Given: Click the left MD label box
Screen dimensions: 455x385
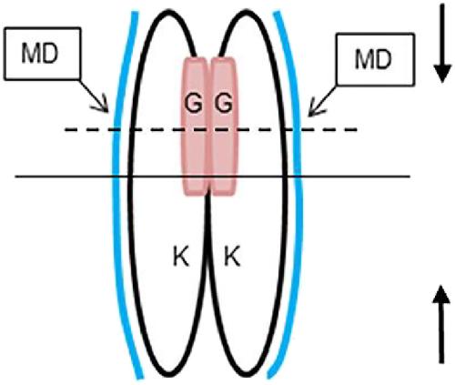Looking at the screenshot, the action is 42,54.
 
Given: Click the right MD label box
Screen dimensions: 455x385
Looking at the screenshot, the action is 375,59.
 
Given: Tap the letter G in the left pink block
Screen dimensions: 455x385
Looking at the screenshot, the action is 194,104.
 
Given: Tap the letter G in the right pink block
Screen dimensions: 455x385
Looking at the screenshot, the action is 224,104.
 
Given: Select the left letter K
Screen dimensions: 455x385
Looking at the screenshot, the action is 181,257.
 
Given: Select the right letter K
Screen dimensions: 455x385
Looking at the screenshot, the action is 232,257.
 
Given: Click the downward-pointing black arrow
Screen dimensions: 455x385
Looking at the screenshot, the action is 442,44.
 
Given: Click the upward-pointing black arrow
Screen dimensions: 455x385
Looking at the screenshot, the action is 441,325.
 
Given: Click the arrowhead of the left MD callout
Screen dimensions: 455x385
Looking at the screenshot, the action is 104,106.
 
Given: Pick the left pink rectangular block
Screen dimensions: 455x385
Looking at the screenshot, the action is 194,126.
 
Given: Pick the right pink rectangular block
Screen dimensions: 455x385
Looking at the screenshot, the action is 224,126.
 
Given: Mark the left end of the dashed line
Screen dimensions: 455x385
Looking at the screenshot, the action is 66,130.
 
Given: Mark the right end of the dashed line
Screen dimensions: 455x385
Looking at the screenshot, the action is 357,130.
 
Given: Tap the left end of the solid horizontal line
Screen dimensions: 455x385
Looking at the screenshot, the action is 15,176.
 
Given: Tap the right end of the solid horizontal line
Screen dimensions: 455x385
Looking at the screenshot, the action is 410,176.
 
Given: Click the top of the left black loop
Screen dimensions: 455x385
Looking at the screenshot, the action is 167,12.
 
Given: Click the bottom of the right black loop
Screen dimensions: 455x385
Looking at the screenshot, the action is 246,374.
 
